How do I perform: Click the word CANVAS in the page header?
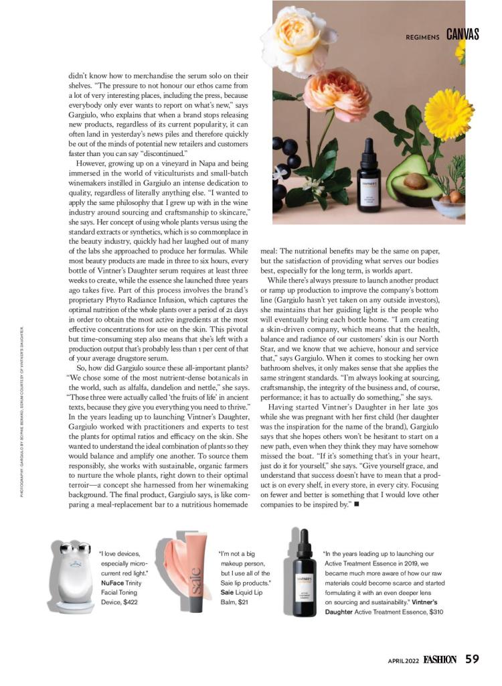463,35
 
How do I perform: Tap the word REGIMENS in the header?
423,37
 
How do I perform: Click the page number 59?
473,659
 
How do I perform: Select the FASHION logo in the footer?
440,659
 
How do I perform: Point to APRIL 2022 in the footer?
403,660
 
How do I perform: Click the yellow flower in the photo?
448,114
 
